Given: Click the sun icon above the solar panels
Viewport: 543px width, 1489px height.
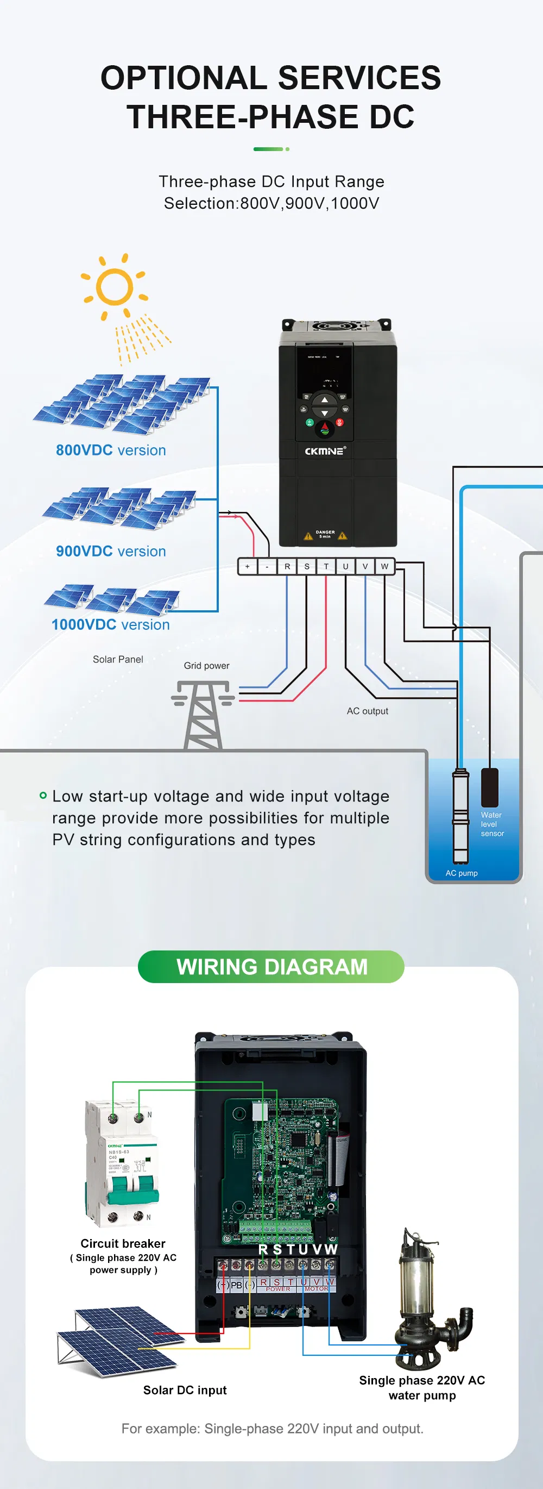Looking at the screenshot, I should tap(115, 287).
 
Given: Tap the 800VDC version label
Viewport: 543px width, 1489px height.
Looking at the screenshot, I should tap(110, 451).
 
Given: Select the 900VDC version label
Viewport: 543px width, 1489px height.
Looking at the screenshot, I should tap(110, 552).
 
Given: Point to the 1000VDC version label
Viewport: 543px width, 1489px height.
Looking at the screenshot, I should tap(110, 625).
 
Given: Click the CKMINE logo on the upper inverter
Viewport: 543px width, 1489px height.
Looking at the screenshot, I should tap(325, 451).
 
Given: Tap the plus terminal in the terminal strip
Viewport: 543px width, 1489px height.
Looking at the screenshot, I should tap(247, 566).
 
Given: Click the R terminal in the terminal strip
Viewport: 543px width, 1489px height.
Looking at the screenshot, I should tap(287, 566).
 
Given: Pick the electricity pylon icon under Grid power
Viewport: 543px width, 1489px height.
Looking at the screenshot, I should tap(203, 715).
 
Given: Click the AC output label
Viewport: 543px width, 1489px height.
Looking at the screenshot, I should tap(368, 711).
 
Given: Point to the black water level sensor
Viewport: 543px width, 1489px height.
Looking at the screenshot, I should tap(489, 787).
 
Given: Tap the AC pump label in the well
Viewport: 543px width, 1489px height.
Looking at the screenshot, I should tap(462, 873).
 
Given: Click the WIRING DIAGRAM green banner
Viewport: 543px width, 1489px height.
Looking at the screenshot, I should tap(271, 966).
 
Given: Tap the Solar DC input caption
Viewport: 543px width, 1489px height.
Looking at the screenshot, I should tap(185, 1390).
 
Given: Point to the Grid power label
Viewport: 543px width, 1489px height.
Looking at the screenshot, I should tap(206, 666).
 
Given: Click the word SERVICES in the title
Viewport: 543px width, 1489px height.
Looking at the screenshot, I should tap(359, 78).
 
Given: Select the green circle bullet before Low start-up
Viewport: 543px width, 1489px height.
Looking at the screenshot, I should tap(43, 796).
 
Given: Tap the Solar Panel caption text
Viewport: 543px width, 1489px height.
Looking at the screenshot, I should tap(118, 660).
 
